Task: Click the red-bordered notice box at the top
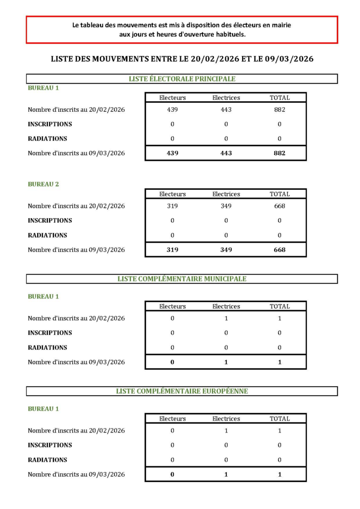tap(181, 29)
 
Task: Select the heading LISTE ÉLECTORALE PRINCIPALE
tap(182, 79)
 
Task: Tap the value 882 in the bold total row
tap(279, 153)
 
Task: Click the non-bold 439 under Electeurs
tap(173, 110)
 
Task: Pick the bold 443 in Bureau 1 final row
tap(226, 153)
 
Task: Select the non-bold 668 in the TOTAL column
tap(279, 206)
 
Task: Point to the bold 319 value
tap(173, 250)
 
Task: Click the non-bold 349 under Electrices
tap(226, 206)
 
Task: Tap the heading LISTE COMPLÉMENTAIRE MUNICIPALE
tap(182, 279)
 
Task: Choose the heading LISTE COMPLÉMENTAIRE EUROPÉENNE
tap(182, 391)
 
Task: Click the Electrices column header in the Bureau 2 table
tap(226, 194)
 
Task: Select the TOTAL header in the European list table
tap(279, 419)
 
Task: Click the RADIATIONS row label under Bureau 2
tap(47, 235)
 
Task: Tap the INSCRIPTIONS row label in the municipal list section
tap(50, 333)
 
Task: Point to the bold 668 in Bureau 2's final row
tap(279, 250)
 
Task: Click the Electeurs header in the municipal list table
tap(173, 307)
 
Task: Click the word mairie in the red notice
tap(281, 25)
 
